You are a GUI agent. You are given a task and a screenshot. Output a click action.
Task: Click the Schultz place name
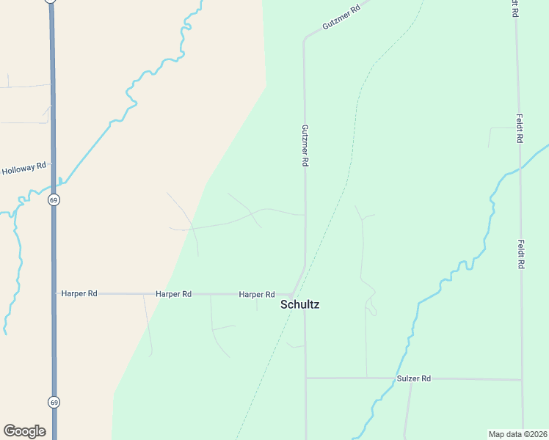(300, 304)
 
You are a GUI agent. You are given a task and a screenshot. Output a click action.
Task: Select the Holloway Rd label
(24, 170)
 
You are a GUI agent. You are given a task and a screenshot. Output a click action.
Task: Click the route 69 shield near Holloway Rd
(54, 199)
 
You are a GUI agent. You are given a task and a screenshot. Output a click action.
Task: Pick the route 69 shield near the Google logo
(54, 402)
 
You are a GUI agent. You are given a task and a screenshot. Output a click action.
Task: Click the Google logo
(24, 431)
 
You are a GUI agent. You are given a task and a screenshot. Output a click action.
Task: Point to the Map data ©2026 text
(517, 434)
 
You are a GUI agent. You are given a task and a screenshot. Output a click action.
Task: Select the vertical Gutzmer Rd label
(304, 145)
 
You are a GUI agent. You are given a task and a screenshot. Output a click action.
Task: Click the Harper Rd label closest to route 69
(79, 293)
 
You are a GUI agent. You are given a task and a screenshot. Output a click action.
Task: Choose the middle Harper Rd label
(173, 293)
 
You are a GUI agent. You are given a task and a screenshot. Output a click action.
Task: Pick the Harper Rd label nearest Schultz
(257, 294)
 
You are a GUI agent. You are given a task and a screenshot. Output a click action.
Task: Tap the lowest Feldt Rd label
(520, 254)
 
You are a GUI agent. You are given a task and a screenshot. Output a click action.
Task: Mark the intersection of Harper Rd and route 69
(54, 293)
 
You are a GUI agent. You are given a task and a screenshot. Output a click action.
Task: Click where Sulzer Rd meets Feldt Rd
(522, 380)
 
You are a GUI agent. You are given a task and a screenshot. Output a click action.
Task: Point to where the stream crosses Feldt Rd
(520, 169)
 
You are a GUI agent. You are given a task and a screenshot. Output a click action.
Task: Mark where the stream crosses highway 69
(53, 183)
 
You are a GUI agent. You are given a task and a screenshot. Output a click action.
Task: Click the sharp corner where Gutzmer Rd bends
(305, 39)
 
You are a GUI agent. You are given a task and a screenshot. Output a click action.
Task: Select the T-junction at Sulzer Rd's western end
(305, 378)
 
